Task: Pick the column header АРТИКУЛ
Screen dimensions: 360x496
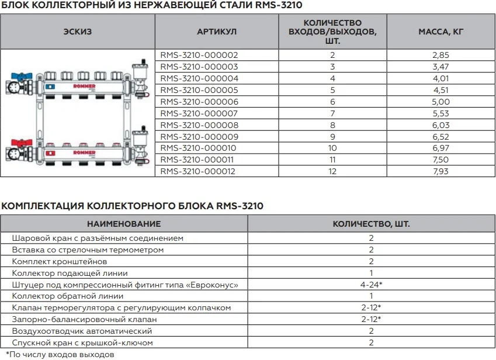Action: (x=216, y=32)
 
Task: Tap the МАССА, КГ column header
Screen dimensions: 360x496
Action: (x=440, y=32)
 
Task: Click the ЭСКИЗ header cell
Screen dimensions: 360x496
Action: (x=77, y=32)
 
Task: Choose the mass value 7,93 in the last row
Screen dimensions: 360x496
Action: (x=440, y=171)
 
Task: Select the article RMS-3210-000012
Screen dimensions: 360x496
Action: (x=199, y=171)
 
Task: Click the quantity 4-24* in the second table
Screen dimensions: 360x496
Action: (x=371, y=285)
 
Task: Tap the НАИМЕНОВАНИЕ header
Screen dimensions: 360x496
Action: (x=123, y=224)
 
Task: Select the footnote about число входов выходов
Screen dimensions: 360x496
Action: (x=60, y=355)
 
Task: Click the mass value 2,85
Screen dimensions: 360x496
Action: (x=440, y=55)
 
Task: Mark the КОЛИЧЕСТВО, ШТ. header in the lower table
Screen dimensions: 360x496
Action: (x=371, y=224)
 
